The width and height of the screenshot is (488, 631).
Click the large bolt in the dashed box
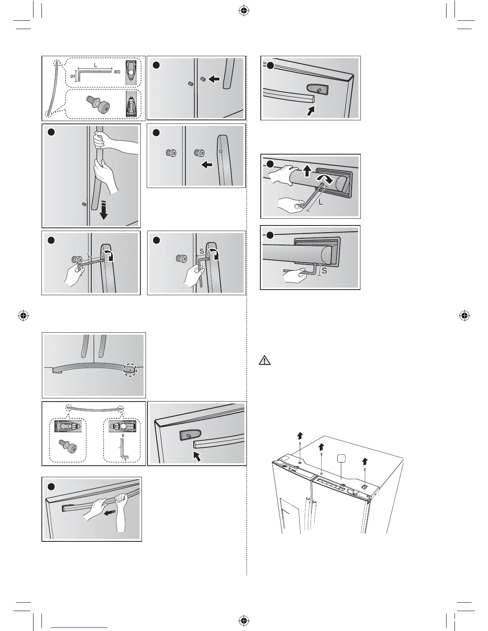pyautogui.click(x=98, y=105)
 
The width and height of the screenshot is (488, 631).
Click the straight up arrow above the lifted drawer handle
pyautogui.click(x=307, y=171)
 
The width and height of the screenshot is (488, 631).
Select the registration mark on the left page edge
pyautogui.click(x=24, y=315)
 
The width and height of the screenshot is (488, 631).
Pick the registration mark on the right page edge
pyautogui.click(x=464, y=315)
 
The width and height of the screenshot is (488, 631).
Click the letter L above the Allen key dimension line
pyautogui.click(x=95, y=64)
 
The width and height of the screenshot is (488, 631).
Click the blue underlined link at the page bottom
pyautogui.click(x=79, y=628)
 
